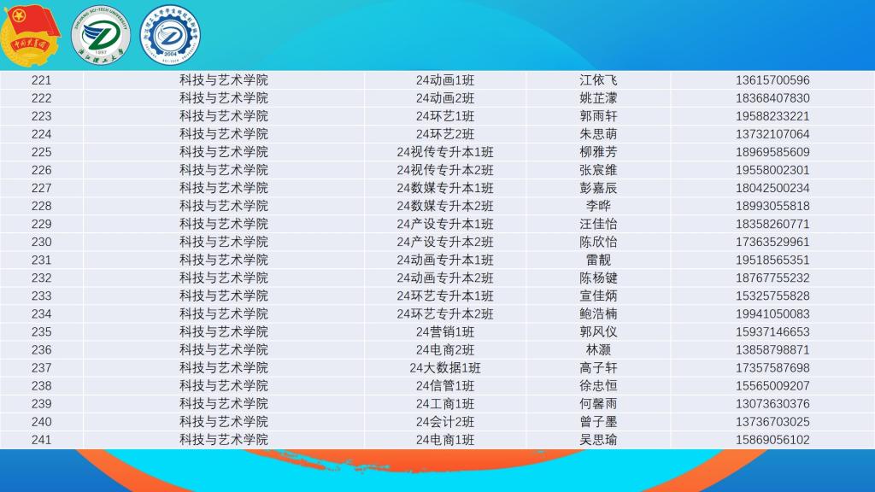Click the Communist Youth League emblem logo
click(30, 35)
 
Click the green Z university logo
click(101, 35)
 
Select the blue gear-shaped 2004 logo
click(170, 35)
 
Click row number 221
click(41, 80)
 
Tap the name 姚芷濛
click(598, 98)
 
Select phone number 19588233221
click(772, 116)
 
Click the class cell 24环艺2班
click(444, 134)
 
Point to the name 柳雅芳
click(598, 152)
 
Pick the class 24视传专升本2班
click(444, 170)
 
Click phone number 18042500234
click(772, 188)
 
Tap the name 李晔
click(598, 206)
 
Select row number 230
click(41, 242)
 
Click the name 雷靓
click(598, 260)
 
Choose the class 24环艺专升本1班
click(444, 296)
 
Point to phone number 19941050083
click(772, 314)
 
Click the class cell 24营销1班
click(444, 332)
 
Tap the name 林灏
click(598, 349)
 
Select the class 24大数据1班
click(444, 367)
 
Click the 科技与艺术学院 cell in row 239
click(223, 404)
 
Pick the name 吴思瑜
click(598, 440)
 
